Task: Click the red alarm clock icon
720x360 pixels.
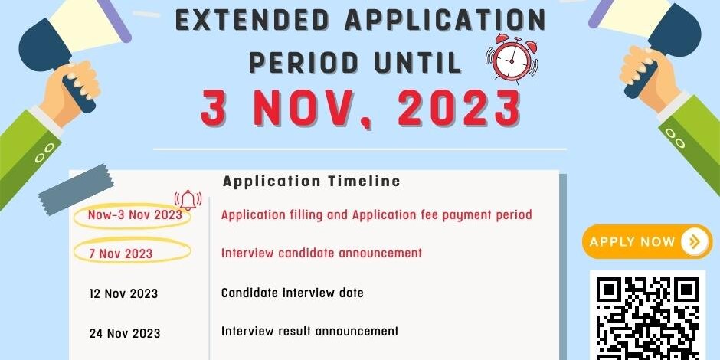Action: (512, 58)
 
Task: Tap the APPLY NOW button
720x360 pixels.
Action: (647, 241)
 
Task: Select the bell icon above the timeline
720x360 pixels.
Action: (188, 200)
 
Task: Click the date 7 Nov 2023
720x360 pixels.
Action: (121, 254)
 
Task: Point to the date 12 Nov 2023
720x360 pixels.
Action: (123, 293)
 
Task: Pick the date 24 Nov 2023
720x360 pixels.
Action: (125, 333)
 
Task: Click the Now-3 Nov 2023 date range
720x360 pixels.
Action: (135, 214)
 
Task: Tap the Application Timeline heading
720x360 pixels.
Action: (311, 181)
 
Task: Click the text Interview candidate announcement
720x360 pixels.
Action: (322, 253)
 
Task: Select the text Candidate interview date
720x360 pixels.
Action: (292, 293)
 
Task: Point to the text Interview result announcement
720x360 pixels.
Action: (310, 331)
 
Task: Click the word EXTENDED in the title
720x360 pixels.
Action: (253, 20)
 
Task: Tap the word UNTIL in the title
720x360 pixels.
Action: (418, 63)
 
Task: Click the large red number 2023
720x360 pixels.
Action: (459, 108)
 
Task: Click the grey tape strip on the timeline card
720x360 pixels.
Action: (76, 190)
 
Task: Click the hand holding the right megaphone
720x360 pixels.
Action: (649, 76)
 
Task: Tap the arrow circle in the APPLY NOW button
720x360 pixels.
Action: (695, 241)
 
